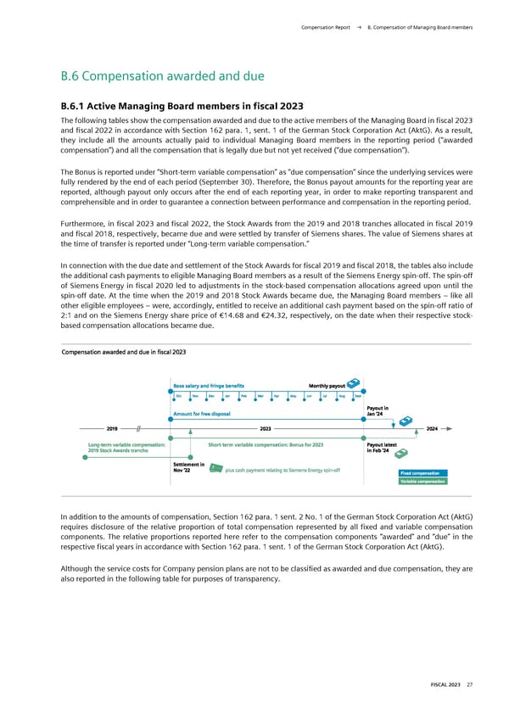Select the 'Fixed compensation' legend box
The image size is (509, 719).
[420, 473]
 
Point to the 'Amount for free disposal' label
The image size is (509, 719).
[204, 414]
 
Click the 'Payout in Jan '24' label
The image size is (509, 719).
[378, 410]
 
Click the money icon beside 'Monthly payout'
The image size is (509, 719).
[355, 383]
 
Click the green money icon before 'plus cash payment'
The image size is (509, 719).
[215, 468]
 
